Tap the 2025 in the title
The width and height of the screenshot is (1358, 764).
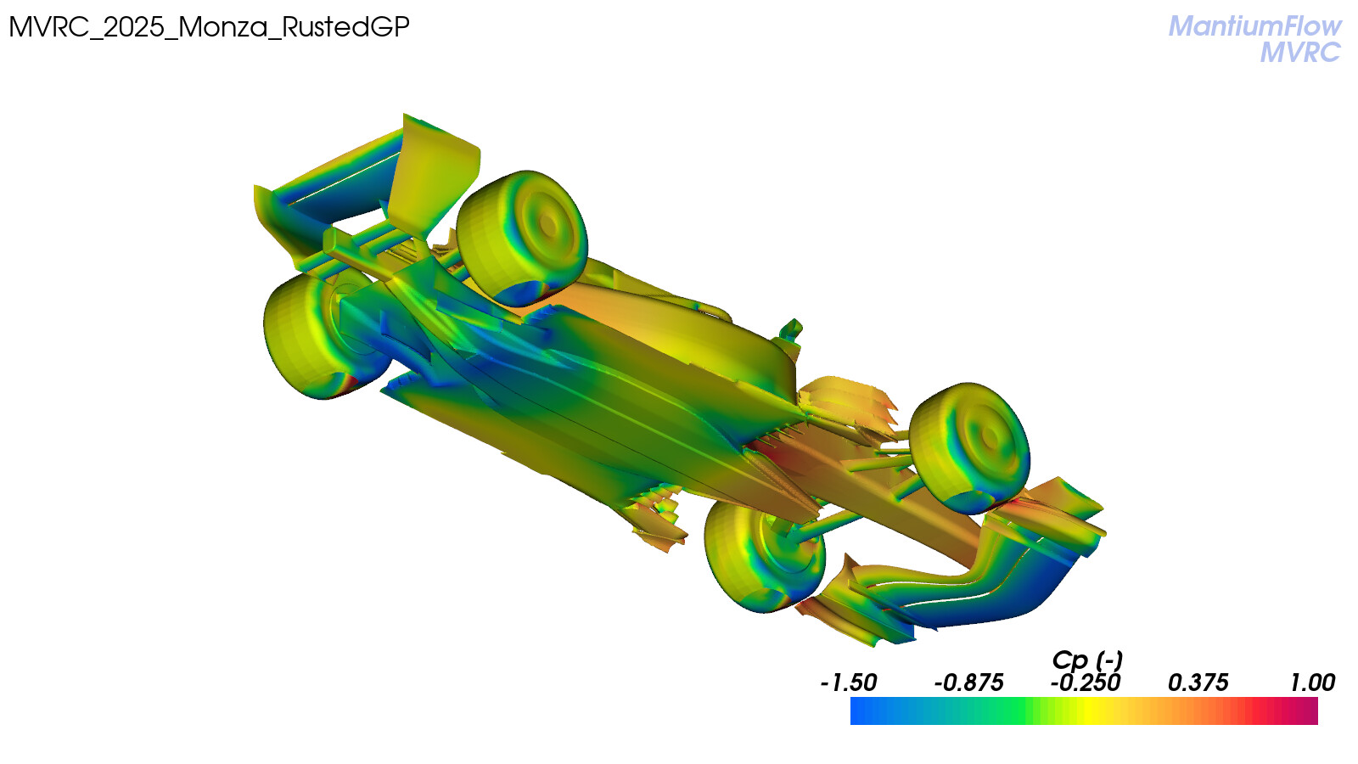[x=134, y=27]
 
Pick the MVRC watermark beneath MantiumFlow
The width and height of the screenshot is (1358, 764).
[x=1301, y=53]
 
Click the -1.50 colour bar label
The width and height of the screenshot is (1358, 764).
[x=848, y=683]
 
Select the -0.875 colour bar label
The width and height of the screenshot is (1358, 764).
[x=968, y=683]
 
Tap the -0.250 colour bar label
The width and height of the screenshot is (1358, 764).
[x=1086, y=683]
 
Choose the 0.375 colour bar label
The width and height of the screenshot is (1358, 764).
[x=1198, y=683]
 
